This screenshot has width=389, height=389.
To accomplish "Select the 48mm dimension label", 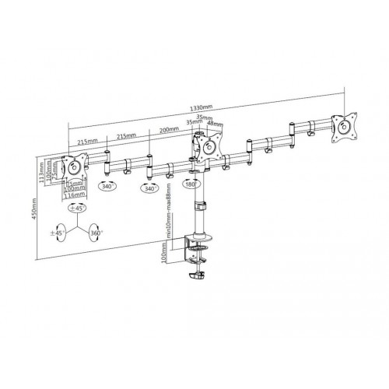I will coord(214,123).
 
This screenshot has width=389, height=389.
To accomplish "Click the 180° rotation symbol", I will coord(191,184).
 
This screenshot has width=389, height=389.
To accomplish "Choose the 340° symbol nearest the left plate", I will coord(108,187).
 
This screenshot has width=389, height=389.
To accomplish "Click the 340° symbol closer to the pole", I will coord(149,187).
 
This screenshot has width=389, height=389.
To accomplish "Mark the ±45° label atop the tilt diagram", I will coord(76,209).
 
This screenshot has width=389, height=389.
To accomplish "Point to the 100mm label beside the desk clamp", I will coord(163,255).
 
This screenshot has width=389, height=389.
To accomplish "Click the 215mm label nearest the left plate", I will coord(87,141).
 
